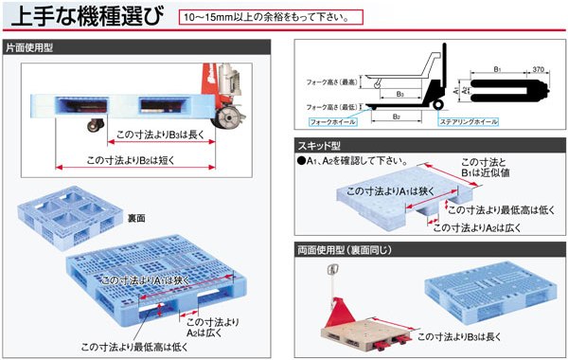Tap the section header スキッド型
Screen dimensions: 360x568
(x=316, y=145)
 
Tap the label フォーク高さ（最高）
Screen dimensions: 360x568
(x=334, y=81)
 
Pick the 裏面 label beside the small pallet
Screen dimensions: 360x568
(x=137, y=218)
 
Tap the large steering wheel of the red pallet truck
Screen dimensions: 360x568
(x=227, y=116)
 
